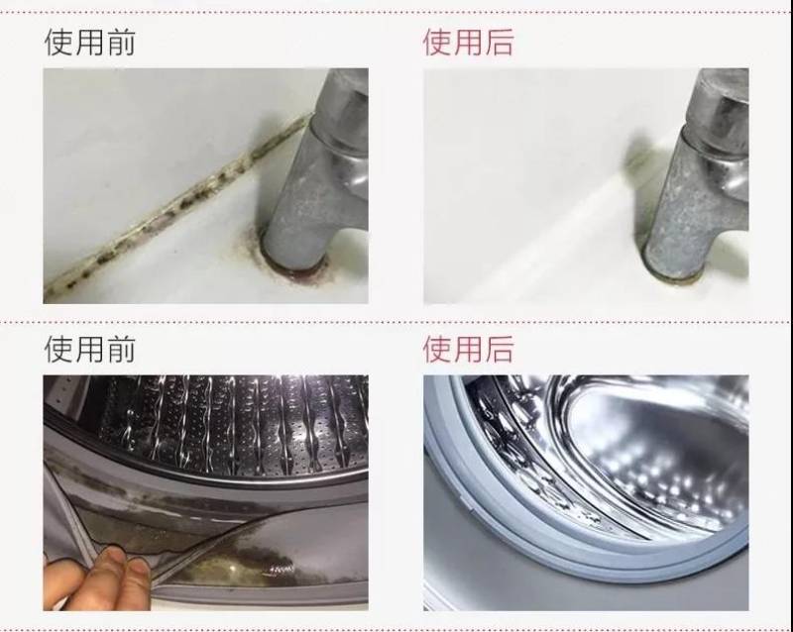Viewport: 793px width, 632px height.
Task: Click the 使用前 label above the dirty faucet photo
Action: [x=89, y=43]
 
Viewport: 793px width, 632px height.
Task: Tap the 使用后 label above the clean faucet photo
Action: [x=468, y=43]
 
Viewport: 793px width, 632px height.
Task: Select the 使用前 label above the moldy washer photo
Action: [x=89, y=349]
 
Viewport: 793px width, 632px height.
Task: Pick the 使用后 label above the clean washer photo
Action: [x=468, y=349]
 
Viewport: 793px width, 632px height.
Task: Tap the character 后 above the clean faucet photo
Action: [x=499, y=43]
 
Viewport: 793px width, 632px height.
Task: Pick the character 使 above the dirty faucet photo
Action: [x=58, y=43]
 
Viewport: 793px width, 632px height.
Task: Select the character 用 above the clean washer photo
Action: [x=468, y=349]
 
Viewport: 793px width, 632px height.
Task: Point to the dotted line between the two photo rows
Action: [x=396, y=321]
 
